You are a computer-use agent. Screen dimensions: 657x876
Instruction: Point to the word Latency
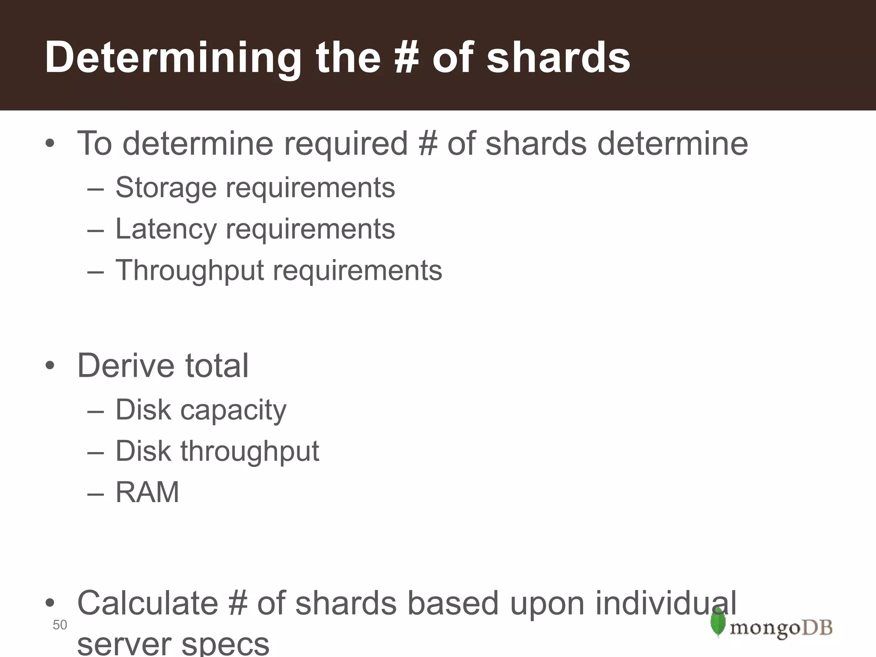click(x=166, y=229)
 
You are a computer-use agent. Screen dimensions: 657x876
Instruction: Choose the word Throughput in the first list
click(x=190, y=271)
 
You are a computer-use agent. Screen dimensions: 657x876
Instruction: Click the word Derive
click(x=126, y=366)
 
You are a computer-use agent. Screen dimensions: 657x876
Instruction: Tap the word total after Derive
click(x=216, y=366)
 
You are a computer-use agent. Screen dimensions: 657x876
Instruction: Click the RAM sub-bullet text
click(x=147, y=492)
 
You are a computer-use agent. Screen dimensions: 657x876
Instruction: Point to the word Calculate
click(x=148, y=603)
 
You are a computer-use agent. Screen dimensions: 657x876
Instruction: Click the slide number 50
click(x=60, y=625)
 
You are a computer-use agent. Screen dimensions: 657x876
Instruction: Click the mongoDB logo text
click(x=781, y=628)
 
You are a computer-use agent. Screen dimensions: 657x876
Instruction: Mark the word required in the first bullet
click(x=346, y=143)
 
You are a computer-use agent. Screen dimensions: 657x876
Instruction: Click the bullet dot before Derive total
click(x=50, y=366)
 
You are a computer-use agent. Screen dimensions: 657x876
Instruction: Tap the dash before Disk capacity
click(x=95, y=411)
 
